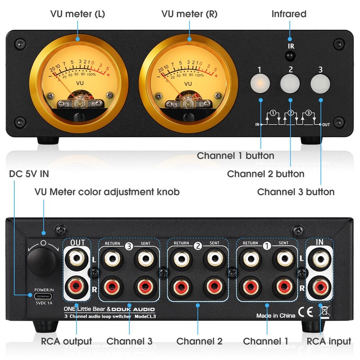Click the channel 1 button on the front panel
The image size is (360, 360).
[260, 82]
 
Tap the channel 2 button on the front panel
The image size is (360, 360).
[290, 82]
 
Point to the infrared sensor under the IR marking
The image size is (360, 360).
[290, 56]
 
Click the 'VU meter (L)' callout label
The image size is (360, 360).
[77, 13]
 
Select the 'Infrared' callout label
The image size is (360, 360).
[289, 13]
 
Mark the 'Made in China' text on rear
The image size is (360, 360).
[275, 315]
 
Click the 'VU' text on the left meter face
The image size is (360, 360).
[80, 83]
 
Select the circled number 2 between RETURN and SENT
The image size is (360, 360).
[197, 246]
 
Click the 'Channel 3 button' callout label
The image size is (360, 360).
[296, 192]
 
